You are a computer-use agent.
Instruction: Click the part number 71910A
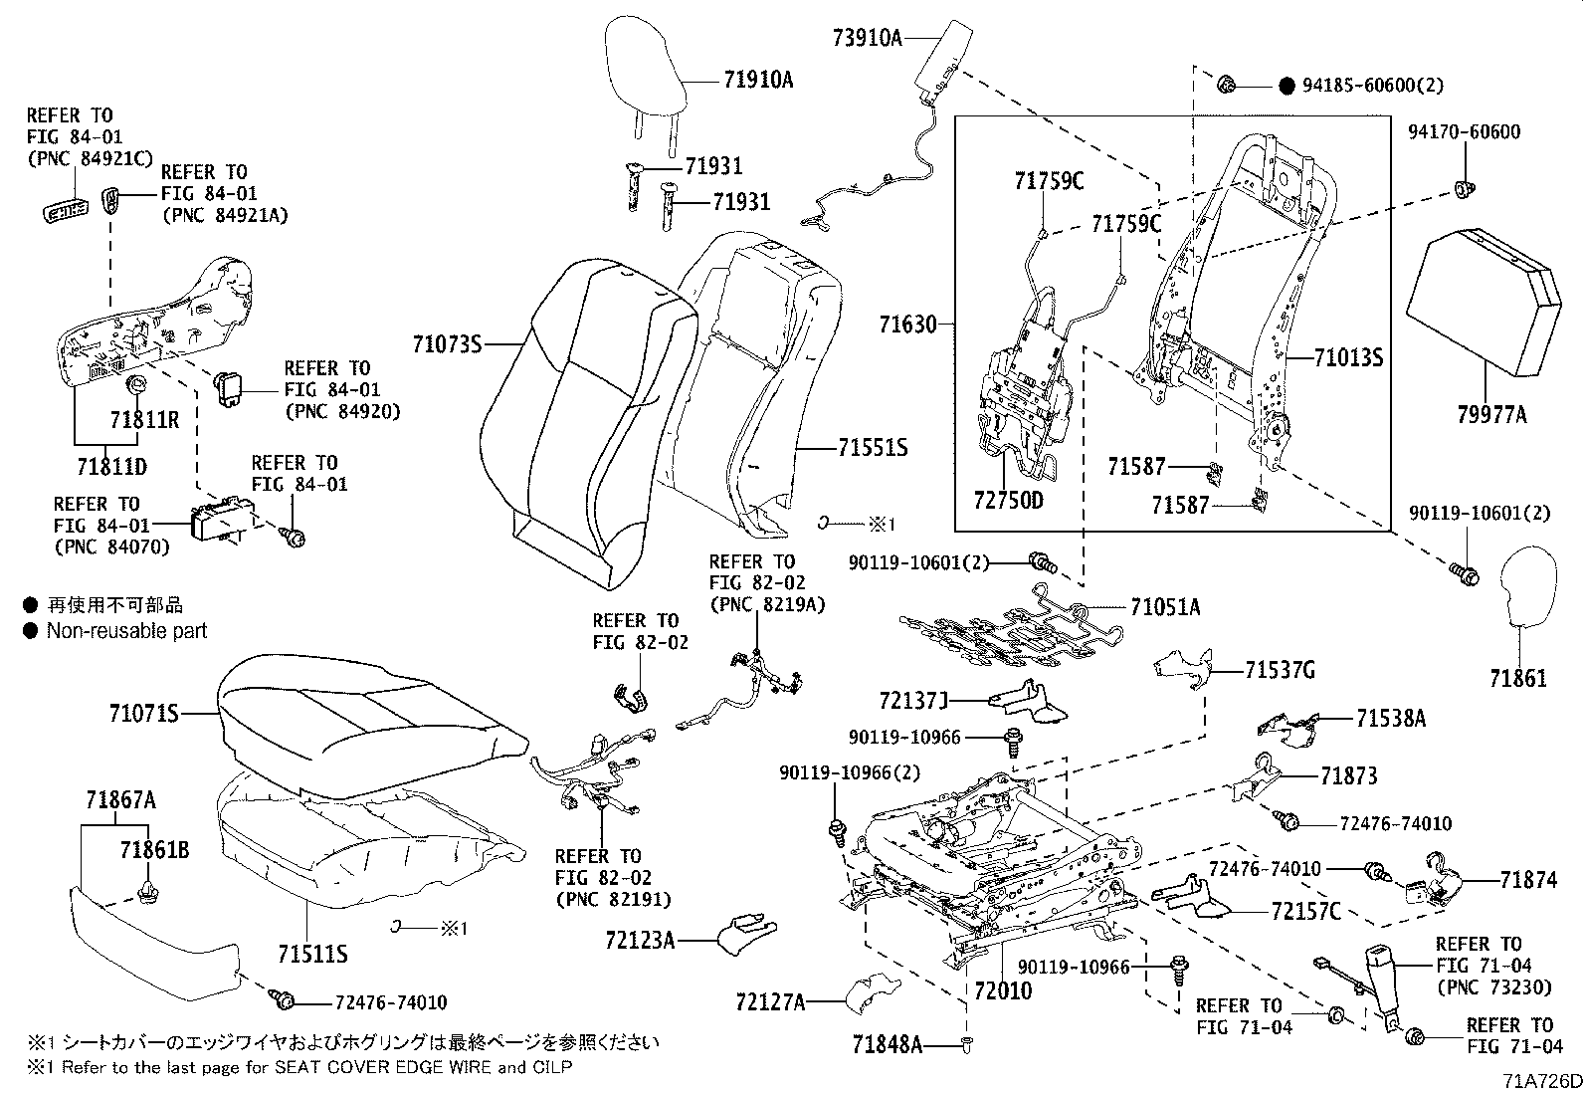pyautogui.click(x=758, y=81)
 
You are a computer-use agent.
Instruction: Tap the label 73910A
pyautogui.click(x=867, y=39)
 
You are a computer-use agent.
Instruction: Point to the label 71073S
pyautogui.click(x=447, y=345)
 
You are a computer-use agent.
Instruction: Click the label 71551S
pyautogui.click(x=873, y=449)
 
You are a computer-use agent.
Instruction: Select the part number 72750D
pyautogui.click(x=1009, y=501)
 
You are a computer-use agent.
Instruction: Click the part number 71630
pyautogui.click(x=908, y=325)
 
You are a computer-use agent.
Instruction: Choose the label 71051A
pyautogui.click(x=1164, y=607)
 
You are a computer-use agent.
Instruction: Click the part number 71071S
pyautogui.click(x=144, y=714)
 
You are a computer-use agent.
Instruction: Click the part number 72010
pyautogui.click(x=1002, y=991)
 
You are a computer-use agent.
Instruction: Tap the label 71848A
pyautogui.click(x=888, y=1044)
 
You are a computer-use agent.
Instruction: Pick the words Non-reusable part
pyautogui.click(x=126, y=630)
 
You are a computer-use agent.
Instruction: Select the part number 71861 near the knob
pyautogui.click(x=1518, y=679)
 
